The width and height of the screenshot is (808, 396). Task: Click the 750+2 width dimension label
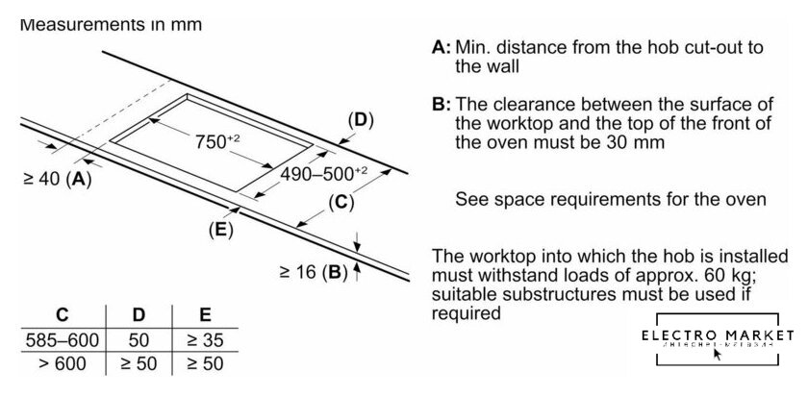point(217,139)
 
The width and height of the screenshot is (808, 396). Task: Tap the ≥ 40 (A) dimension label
point(56,179)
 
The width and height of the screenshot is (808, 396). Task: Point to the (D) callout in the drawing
point(359,120)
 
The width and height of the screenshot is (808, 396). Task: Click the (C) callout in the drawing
point(341,202)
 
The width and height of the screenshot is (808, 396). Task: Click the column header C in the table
point(63,314)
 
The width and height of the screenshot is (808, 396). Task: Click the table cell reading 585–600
point(62,339)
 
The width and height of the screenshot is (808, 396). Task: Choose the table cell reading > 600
point(62,364)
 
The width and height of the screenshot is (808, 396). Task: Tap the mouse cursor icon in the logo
point(717,355)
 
